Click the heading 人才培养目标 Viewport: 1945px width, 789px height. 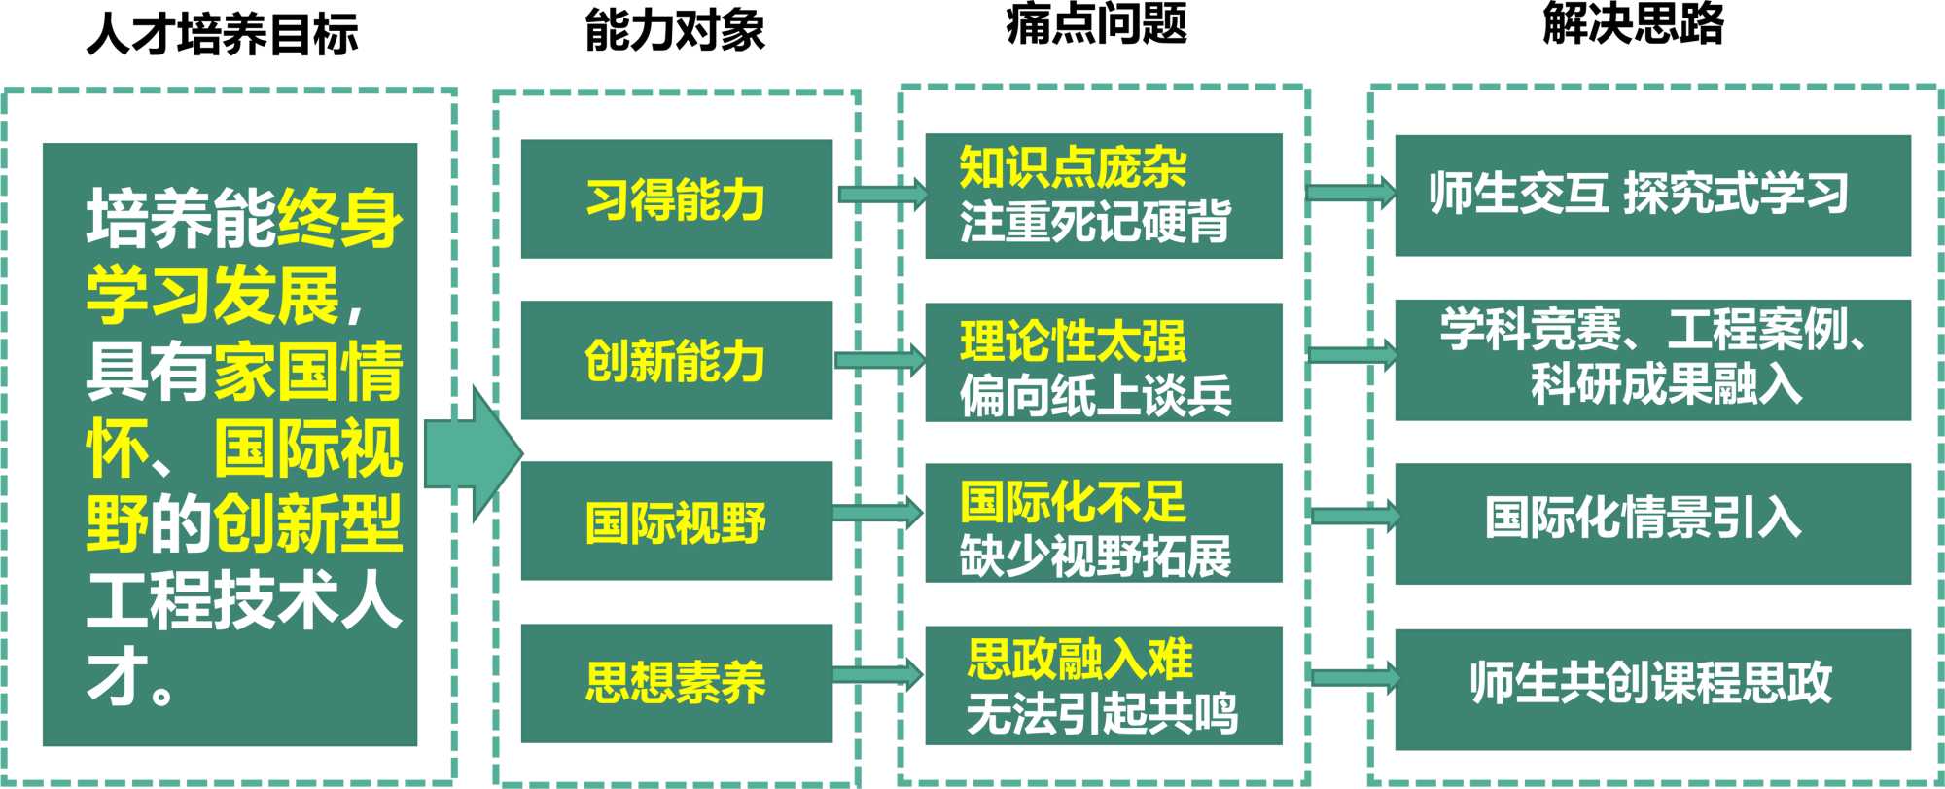point(223,33)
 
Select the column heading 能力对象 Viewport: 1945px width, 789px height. point(675,30)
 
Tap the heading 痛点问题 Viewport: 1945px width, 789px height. point(1096,23)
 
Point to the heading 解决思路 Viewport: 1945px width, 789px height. point(1633,23)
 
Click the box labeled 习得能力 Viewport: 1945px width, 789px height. point(676,198)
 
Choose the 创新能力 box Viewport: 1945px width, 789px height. point(676,360)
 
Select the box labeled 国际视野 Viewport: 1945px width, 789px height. point(676,521)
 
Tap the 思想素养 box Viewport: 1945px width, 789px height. point(676,682)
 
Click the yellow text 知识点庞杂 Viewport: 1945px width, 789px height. point(1072,167)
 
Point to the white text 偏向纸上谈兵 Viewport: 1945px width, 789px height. point(1095,395)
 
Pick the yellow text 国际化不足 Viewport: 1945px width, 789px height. point(1072,502)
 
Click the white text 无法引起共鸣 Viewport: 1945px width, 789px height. point(1101,713)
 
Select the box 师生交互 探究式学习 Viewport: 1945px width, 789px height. point(1651,195)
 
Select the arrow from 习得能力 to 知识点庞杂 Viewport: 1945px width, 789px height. point(881,193)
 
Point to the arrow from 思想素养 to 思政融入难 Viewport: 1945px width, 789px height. point(876,674)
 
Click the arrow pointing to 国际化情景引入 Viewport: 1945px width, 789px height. point(1355,516)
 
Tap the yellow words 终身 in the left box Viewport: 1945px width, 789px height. point(338,218)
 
